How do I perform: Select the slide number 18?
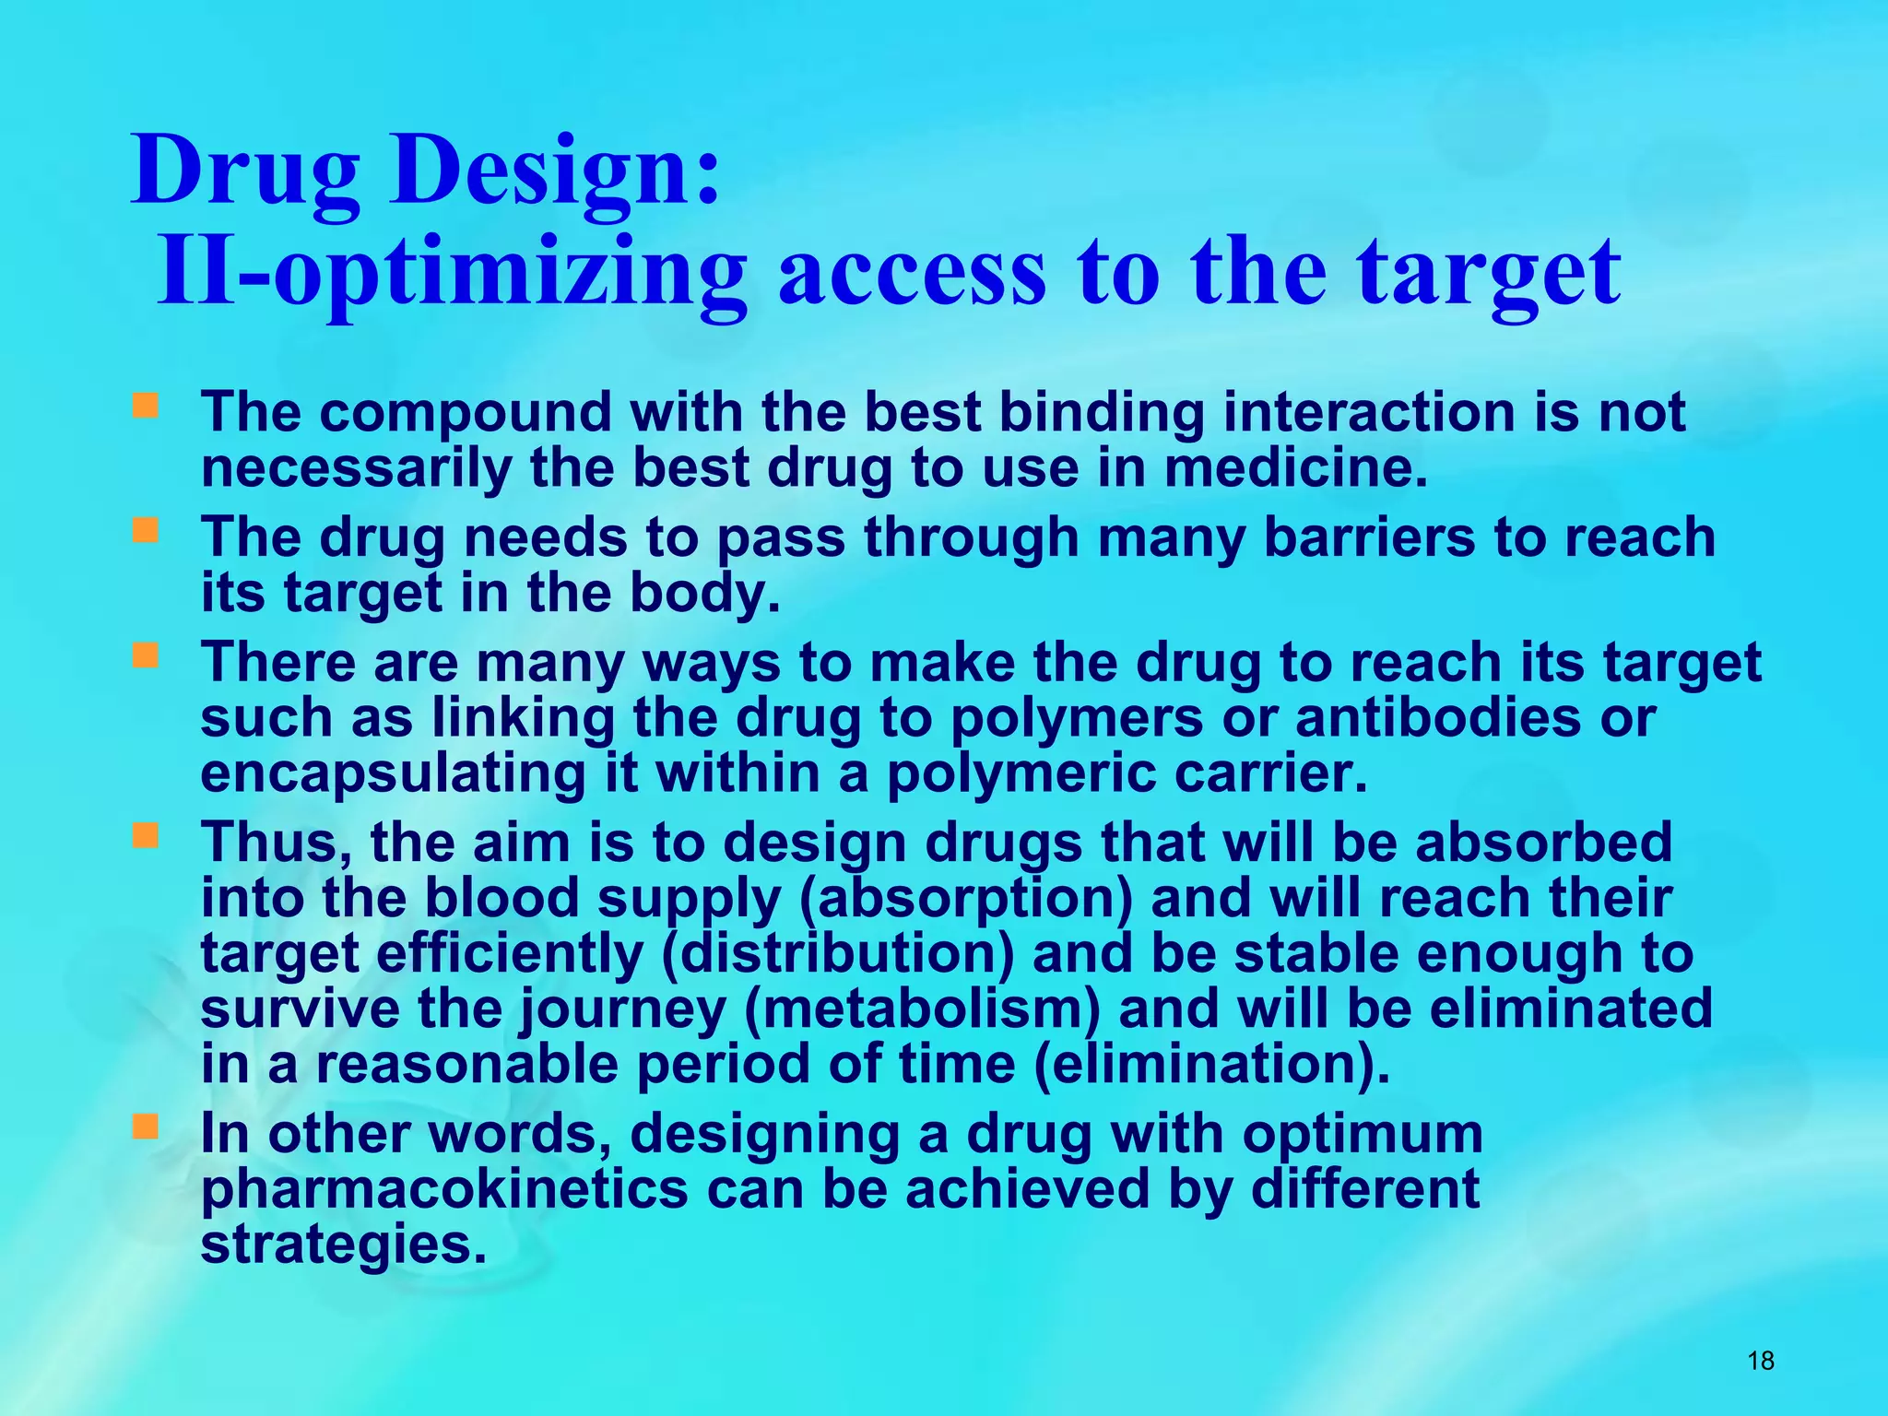tap(1760, 1361)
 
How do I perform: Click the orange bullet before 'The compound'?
tap(145, 406)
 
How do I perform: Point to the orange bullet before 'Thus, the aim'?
tap(145, 836)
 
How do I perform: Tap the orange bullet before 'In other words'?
tap(145, 1127)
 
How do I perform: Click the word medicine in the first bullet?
tap(1295, 467)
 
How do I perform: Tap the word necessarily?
tap(356, 467)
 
